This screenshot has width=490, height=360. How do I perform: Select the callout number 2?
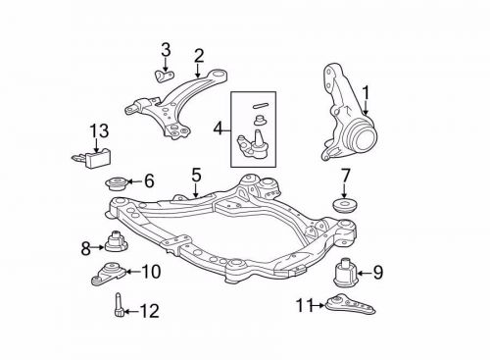[x=198, y=54]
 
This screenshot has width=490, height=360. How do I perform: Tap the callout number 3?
[x=165, y=50]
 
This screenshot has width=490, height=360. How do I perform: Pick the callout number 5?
[x=196, y=175]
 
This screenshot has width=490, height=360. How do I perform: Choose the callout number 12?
[x=149, y=313]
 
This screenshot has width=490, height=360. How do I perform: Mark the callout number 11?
[x=304, y=306]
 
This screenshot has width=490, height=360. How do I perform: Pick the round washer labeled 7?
[x=344, y=207]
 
